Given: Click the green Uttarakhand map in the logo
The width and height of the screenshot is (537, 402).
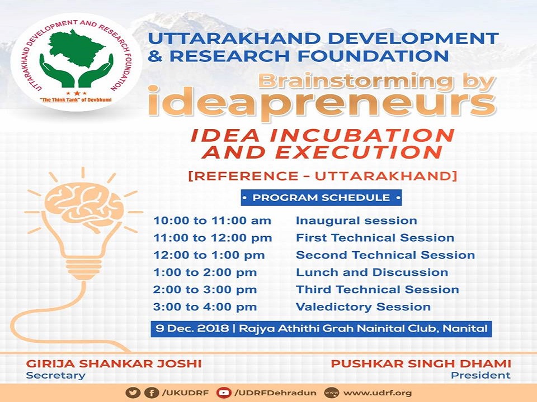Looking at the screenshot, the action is pyautogui.click(x=76, y=48).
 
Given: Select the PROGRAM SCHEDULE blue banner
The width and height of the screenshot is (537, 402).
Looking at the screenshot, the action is pyautogui.click(x=321, y=198).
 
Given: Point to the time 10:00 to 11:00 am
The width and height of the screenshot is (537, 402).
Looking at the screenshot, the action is pyautogui.click(x=213, y=221).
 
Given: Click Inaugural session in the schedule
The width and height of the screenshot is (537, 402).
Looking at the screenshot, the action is pyautogui.click(x=356, y=221).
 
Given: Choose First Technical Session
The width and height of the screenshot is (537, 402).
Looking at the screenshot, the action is pyautogui.click(x=375, y=238).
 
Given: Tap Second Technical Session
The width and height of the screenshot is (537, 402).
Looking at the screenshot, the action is pyautogui.click(x=385, y=255).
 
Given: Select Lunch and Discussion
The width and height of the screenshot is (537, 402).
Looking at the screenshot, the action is pyautogui.click(x=372, y=272).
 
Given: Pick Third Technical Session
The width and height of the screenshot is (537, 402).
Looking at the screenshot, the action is pyautogui.click(x=378, y=290).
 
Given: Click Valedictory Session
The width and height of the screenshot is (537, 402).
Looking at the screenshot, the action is pyautogui.click(x=364, y=307).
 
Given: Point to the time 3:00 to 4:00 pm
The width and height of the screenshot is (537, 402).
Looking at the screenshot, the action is pyautogui.click(x=205, y=307).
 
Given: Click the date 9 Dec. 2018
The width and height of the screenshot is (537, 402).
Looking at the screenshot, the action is pyautogui.click(x=192, y=328).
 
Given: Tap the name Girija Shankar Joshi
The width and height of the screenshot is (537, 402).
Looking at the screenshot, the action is pyautogui.click(x=114, y=363).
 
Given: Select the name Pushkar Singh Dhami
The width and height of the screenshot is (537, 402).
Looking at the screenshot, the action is pyautogui.click(x=421, y=363).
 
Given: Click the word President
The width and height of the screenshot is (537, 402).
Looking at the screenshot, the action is pyautogui.click(x=481, y=375).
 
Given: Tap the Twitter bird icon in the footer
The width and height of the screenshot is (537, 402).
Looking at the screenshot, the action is pyautogui.click(x=133, y=393).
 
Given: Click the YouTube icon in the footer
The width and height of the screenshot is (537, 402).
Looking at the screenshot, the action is pyautogui.click(x=224, y=393).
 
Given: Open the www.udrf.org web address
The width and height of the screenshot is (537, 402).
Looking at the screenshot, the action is pyautogui.click(x=378, y=393).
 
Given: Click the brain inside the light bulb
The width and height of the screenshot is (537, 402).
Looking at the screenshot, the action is pyautogui.click(x=84, y=207).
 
